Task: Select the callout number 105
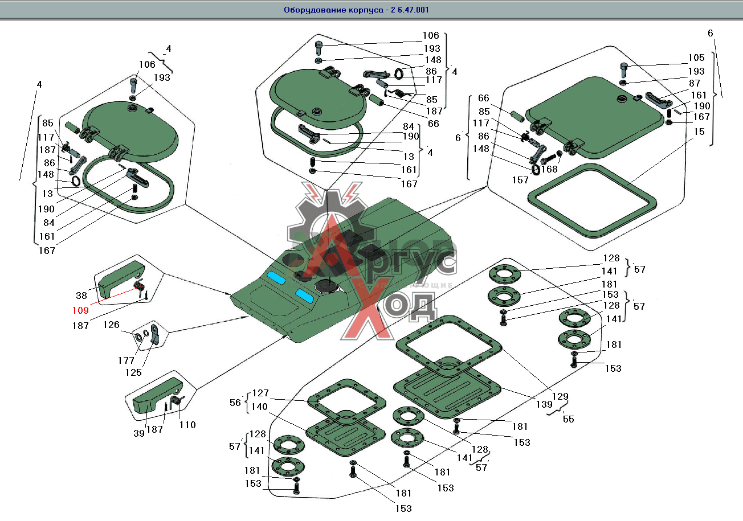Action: [696, 58]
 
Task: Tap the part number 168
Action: [549, 169]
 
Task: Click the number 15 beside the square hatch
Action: [699, 132]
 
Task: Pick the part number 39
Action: [139, 433]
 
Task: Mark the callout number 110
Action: [187, 424]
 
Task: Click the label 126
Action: [112, 325]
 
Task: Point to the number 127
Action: [260, 393]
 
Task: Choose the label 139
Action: [544, 404]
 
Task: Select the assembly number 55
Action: [568, 419]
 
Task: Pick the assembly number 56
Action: [236, 401]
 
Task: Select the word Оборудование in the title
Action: [314, 10]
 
